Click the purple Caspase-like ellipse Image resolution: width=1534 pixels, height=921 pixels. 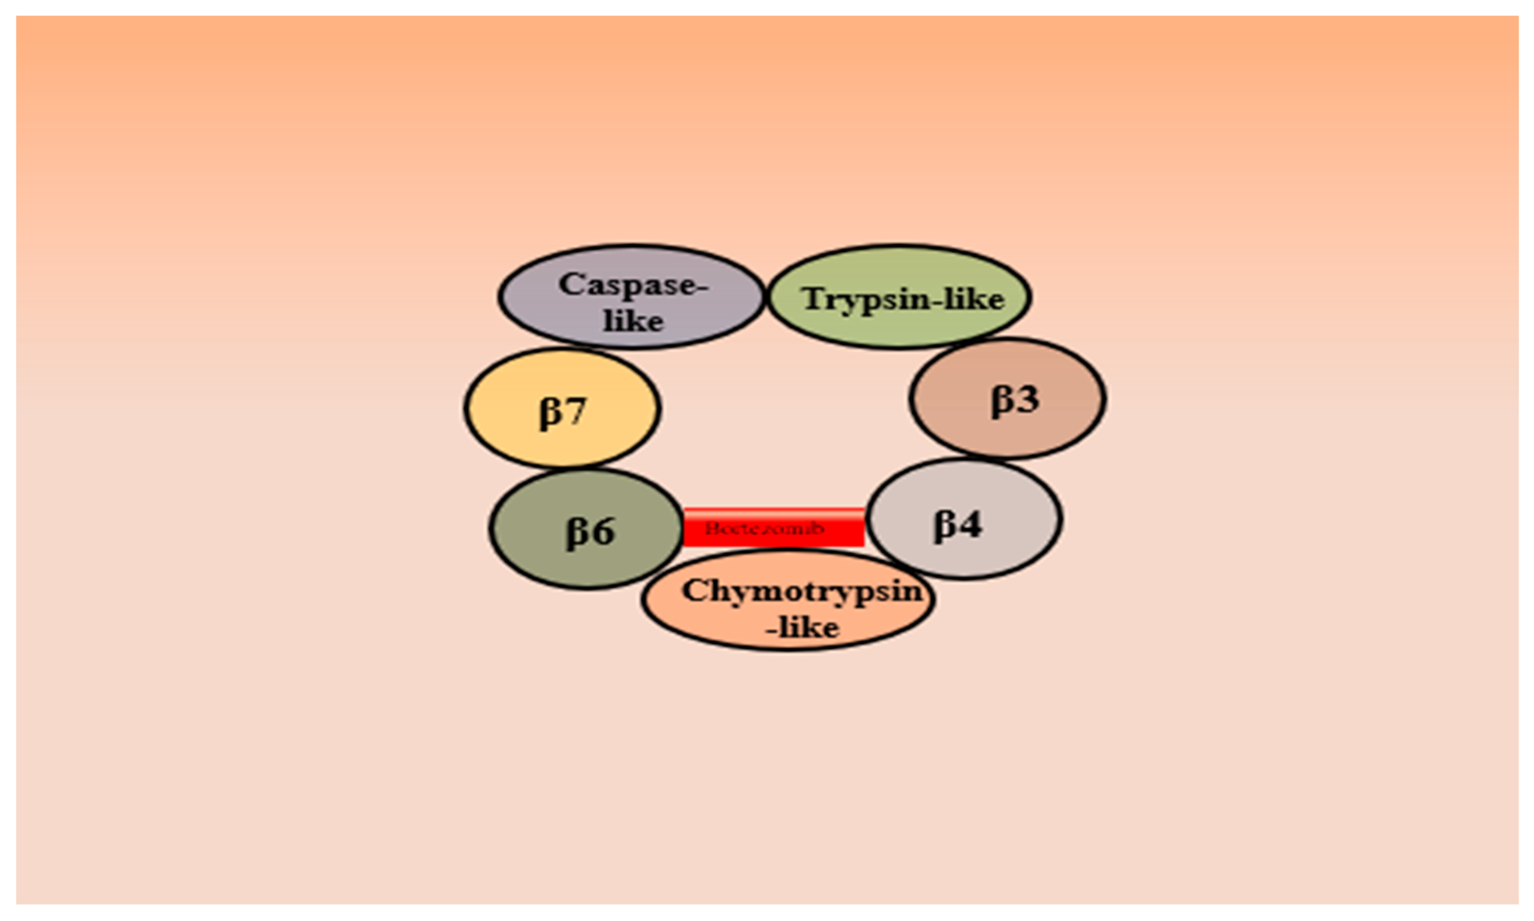tap(631, 296)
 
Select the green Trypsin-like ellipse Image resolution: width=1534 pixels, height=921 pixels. tap(899, 296)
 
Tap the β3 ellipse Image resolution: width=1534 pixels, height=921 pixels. tap(1007, 399)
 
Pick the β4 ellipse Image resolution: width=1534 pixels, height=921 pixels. tap(964, 520)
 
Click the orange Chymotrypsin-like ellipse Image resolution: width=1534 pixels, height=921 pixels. tap(788, 601)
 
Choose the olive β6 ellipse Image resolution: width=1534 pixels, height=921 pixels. tap(586, 529)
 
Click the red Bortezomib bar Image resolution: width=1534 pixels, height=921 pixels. tap(773, 527)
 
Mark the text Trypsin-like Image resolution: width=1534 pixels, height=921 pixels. tap(903, 299)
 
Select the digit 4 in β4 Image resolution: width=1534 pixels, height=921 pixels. tap(970, 524)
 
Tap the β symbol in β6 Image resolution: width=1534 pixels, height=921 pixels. tap(577, 532)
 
